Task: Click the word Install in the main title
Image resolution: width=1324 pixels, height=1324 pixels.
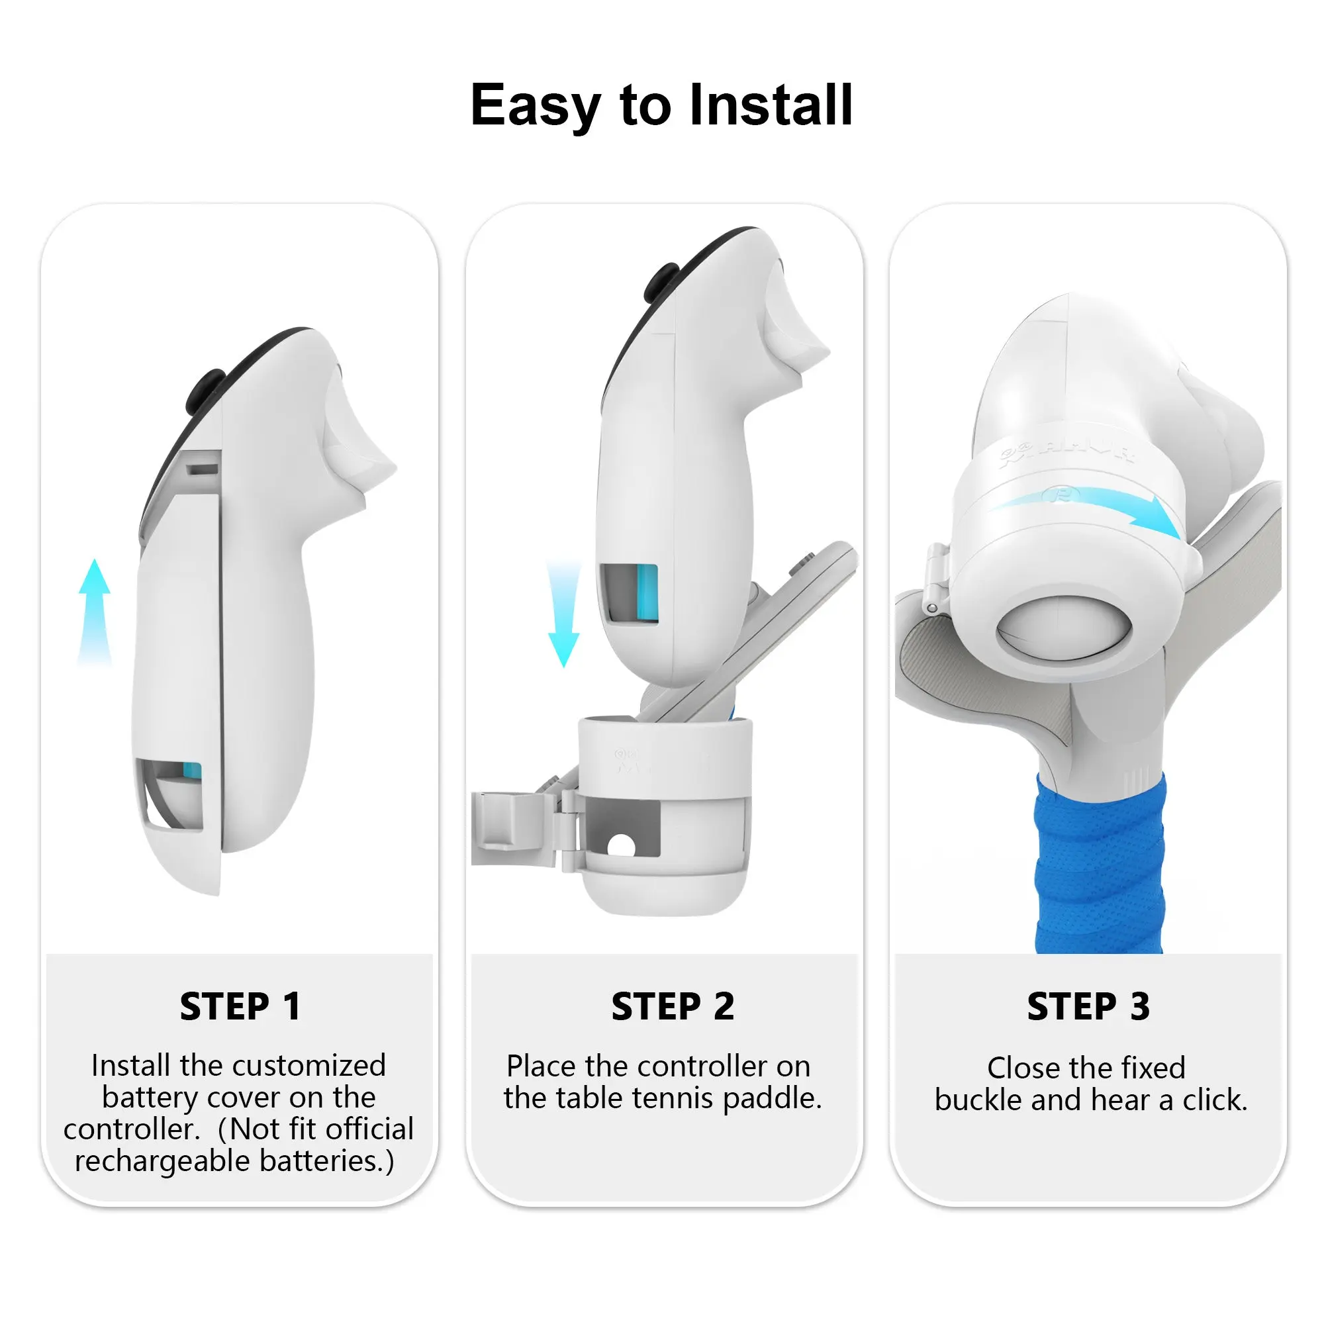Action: coord(771,105)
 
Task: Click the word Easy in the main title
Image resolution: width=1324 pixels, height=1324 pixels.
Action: coord(534,105)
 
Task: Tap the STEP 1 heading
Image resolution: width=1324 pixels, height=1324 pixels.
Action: coord(240,1007)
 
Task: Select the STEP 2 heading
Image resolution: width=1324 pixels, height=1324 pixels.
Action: coord(673,1007)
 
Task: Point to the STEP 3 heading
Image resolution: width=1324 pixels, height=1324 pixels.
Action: coord(1088,1007)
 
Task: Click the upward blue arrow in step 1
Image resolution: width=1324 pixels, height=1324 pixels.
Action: coord(95,610)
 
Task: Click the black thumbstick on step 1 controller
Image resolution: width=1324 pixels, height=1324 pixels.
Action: coord(205,391)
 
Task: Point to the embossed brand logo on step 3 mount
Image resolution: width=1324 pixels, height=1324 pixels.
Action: coord(1066,454)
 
